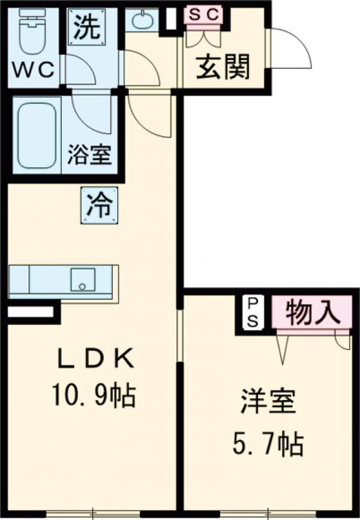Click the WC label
[x=34, y=71]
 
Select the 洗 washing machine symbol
[x=86, y=29]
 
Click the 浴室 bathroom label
[x=89, y=155]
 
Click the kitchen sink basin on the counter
[x=83, y=279]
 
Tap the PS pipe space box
[x=253, y=312]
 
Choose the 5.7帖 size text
[x=268, y=444]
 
